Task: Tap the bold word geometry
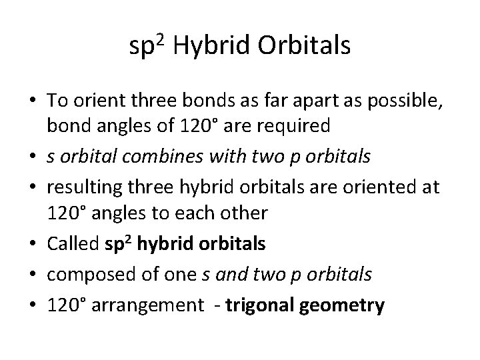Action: pos(344,305)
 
